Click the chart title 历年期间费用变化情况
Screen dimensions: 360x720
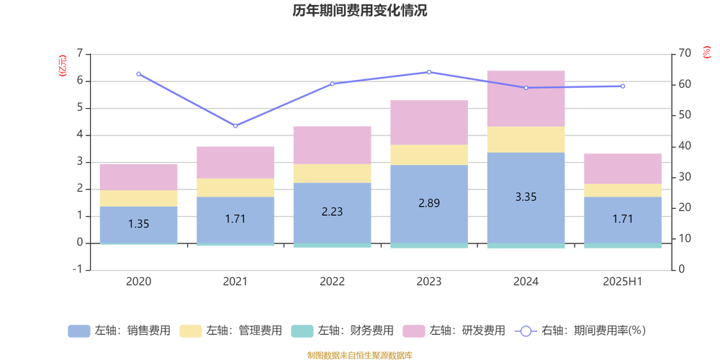click(x=359, y=11)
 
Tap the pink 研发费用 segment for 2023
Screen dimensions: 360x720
click(x=429, y=122)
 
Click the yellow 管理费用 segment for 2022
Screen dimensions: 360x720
click(x=332, y=174)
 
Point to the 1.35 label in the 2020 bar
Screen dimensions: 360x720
click(x=138, y=224)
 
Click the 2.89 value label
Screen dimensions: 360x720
click(x=429, y=203)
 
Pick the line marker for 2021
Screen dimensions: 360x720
click(x=235, y=126)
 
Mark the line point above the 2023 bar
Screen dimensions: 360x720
click(x=429, y=72)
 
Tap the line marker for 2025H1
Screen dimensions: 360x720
click(x=623, y=86)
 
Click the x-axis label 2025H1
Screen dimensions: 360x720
click(x=623, y=282)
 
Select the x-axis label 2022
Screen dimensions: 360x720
click(x=332, y=282)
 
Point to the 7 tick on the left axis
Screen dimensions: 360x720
click(x=79, y=54)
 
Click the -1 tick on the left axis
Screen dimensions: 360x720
click(x=78, y=270)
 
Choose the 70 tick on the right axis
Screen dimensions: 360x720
click(x=683, y=54)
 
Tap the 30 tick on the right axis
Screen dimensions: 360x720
click(x=683, y=177)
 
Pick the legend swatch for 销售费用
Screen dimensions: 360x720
click(x=79, y=331)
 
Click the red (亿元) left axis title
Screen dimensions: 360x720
click(x=63, y=66)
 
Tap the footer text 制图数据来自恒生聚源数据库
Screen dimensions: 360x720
click(x=359, y=355)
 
